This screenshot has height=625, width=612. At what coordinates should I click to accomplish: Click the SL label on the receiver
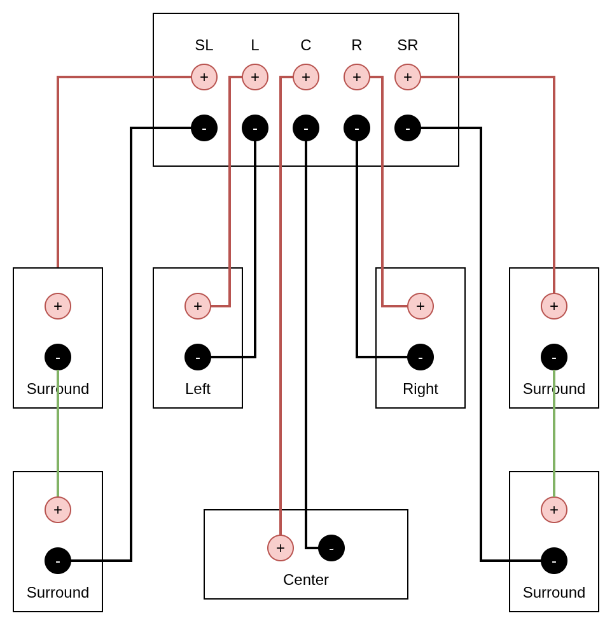(204, 45)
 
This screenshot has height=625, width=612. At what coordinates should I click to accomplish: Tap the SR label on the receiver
(408, 45)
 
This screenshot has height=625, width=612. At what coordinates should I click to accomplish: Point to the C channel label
(306, 45)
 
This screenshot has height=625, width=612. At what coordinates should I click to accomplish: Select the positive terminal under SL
(204, 77)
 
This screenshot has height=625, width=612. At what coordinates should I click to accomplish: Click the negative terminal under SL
(204, 128)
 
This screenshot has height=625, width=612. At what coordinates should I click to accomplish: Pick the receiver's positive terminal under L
(255, 77)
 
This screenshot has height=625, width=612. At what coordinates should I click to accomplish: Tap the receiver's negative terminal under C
(306, 128)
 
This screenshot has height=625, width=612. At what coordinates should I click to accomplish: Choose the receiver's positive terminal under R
(357, 77)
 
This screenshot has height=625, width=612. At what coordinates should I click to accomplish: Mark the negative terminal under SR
(408, 128)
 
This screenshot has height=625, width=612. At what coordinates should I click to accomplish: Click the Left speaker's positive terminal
(198, 306)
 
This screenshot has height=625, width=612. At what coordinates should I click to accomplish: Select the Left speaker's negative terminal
(198, 357)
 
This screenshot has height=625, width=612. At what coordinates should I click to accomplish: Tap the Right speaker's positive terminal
(421, 306)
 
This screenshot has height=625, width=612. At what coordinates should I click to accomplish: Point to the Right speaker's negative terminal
(421, 357)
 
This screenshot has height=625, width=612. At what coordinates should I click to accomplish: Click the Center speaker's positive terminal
(281, 548)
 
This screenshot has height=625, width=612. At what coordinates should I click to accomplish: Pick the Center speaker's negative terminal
(331, 548)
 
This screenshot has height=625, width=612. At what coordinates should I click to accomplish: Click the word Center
(306, 580)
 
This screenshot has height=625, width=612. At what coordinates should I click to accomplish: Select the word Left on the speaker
(198, 389)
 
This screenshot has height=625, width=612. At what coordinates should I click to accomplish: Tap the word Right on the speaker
(421, 389)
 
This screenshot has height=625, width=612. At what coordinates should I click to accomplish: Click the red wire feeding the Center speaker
(281, 318)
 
